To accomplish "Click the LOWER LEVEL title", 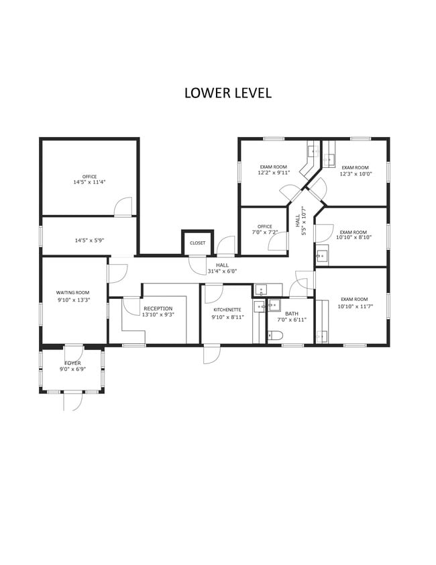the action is click(227, 93).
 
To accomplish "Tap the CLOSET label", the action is click(197, 243).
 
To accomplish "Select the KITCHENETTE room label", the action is click(227, 310).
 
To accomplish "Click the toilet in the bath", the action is click(275, 336).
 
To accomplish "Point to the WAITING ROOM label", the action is click(72, 293).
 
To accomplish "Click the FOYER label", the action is click(72, 363).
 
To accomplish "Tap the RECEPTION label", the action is click(158, 308).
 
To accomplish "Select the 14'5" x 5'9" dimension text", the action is click(89, 240).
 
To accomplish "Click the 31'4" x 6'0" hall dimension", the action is click(222, 271).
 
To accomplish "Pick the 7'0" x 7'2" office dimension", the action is click(265, 232).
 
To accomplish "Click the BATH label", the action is click(292, 314).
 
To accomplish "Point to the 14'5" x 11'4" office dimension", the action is click(90, 182).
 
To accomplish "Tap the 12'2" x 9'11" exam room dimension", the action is click(274, 173).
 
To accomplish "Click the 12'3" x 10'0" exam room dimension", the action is click(356, 174).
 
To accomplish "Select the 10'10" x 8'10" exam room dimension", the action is click(353, 237).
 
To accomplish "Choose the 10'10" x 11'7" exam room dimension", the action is click(355, 306).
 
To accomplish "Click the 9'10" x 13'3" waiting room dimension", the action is click(74, 300).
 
